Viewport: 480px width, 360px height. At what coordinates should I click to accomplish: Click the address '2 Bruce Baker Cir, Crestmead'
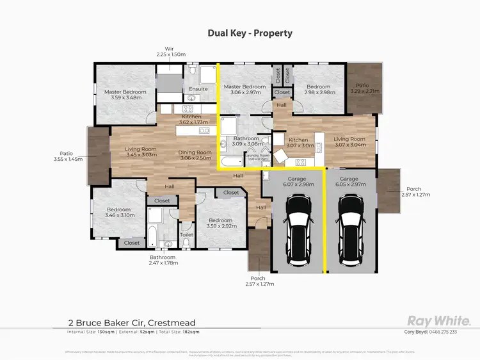coord(132,323)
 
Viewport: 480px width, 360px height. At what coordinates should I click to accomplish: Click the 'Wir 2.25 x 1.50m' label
coord(171,52)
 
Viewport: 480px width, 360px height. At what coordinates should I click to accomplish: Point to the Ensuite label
coord(198,89)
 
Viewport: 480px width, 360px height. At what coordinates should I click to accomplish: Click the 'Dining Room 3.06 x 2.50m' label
coord(195,155)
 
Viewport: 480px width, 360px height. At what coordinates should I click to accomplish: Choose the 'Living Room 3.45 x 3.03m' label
coord(141,152)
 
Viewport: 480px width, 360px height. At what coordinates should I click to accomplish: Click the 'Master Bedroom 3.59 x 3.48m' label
coord(125,95)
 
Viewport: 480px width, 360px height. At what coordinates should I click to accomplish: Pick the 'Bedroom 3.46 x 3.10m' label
coord(118,213)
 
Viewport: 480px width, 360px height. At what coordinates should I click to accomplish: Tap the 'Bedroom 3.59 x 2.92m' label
coord(221,222)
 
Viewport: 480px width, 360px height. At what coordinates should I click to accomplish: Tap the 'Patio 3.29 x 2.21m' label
coord(365,88)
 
